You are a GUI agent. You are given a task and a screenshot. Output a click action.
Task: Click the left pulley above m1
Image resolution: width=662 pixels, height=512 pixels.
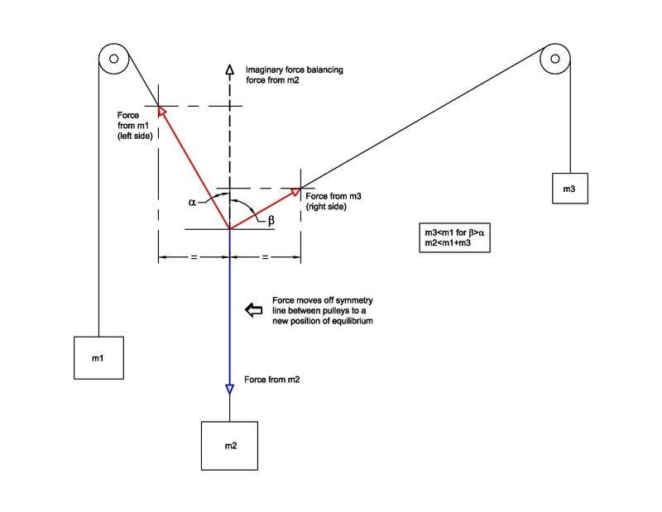coord(113,60)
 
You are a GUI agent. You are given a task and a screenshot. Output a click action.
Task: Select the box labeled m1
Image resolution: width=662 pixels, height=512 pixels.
coord(98,357)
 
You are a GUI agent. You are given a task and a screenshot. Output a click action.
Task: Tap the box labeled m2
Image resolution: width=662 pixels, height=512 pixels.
coord(231,446)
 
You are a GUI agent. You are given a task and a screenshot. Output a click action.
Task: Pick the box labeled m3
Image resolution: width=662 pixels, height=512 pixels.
coord(569,189)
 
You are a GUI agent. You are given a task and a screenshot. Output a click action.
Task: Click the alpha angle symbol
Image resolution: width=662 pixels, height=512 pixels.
coord(192,201)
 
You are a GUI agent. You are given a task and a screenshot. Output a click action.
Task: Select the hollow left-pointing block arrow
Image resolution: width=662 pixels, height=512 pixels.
coord(252,309)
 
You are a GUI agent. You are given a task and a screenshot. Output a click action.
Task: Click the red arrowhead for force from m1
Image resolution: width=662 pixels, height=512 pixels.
coord(162,110)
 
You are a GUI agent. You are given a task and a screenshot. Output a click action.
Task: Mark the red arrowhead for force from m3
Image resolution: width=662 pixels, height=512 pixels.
coord(294,194)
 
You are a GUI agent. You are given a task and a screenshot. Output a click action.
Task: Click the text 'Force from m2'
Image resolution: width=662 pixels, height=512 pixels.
coord(272,380)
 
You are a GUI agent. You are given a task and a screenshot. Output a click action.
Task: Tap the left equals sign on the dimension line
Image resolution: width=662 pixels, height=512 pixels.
coord(194,259)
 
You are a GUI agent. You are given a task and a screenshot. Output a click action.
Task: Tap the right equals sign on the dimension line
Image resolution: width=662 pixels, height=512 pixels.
coord(265,259)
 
